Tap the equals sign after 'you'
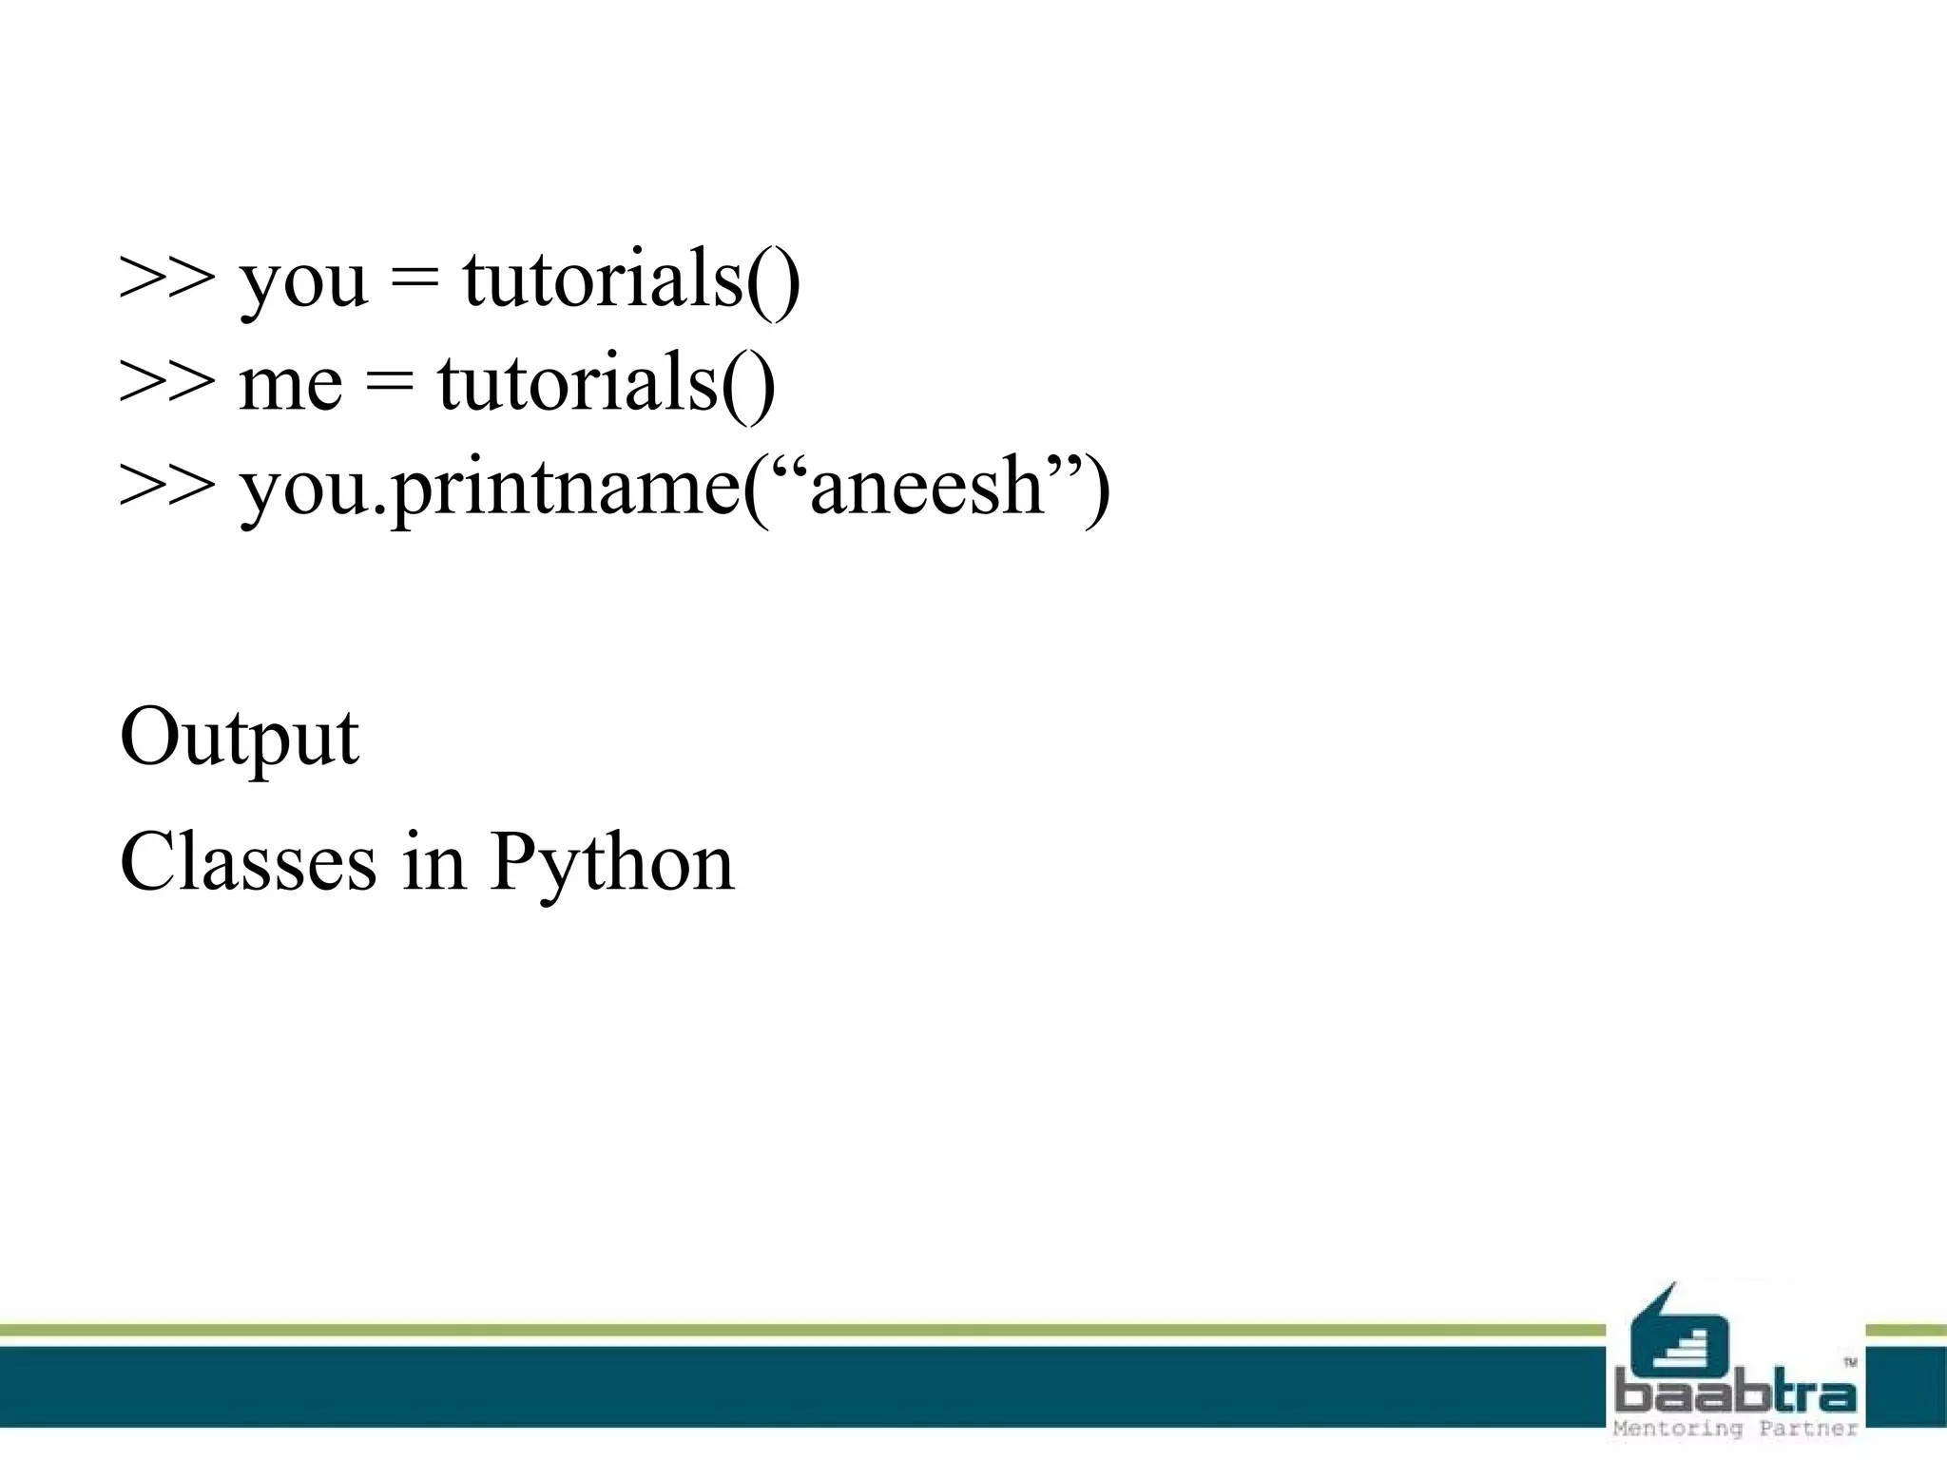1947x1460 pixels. (x=414, y=279)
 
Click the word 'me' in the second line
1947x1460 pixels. (x=290, y=384)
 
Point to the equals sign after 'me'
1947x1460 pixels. (x=390, y=382)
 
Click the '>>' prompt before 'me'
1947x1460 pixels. (x=167, y=382)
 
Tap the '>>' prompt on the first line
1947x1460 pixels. (x=167, y=279)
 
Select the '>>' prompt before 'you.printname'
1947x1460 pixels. (x=167, y=486)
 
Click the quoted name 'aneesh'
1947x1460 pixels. (x=928, y=486)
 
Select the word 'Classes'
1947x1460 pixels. (x=248, y=862)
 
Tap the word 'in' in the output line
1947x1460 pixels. (x=434, y=862)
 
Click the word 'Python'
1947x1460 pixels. (x=612, y=864)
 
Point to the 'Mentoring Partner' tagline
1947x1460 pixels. (x=1735, y=1429)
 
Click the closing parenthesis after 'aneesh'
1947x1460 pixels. (x=1098, y=488)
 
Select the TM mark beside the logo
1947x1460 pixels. (x=1850, y=1362)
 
